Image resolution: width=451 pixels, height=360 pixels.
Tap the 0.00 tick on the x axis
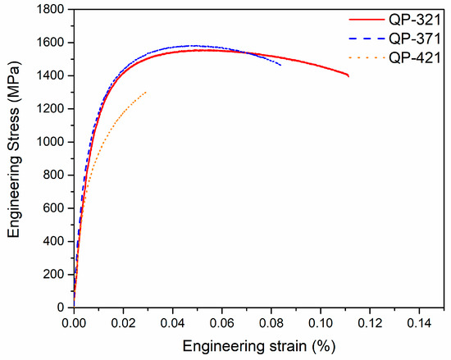(74, 321)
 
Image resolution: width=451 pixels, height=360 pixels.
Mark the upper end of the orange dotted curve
(146, 92)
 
